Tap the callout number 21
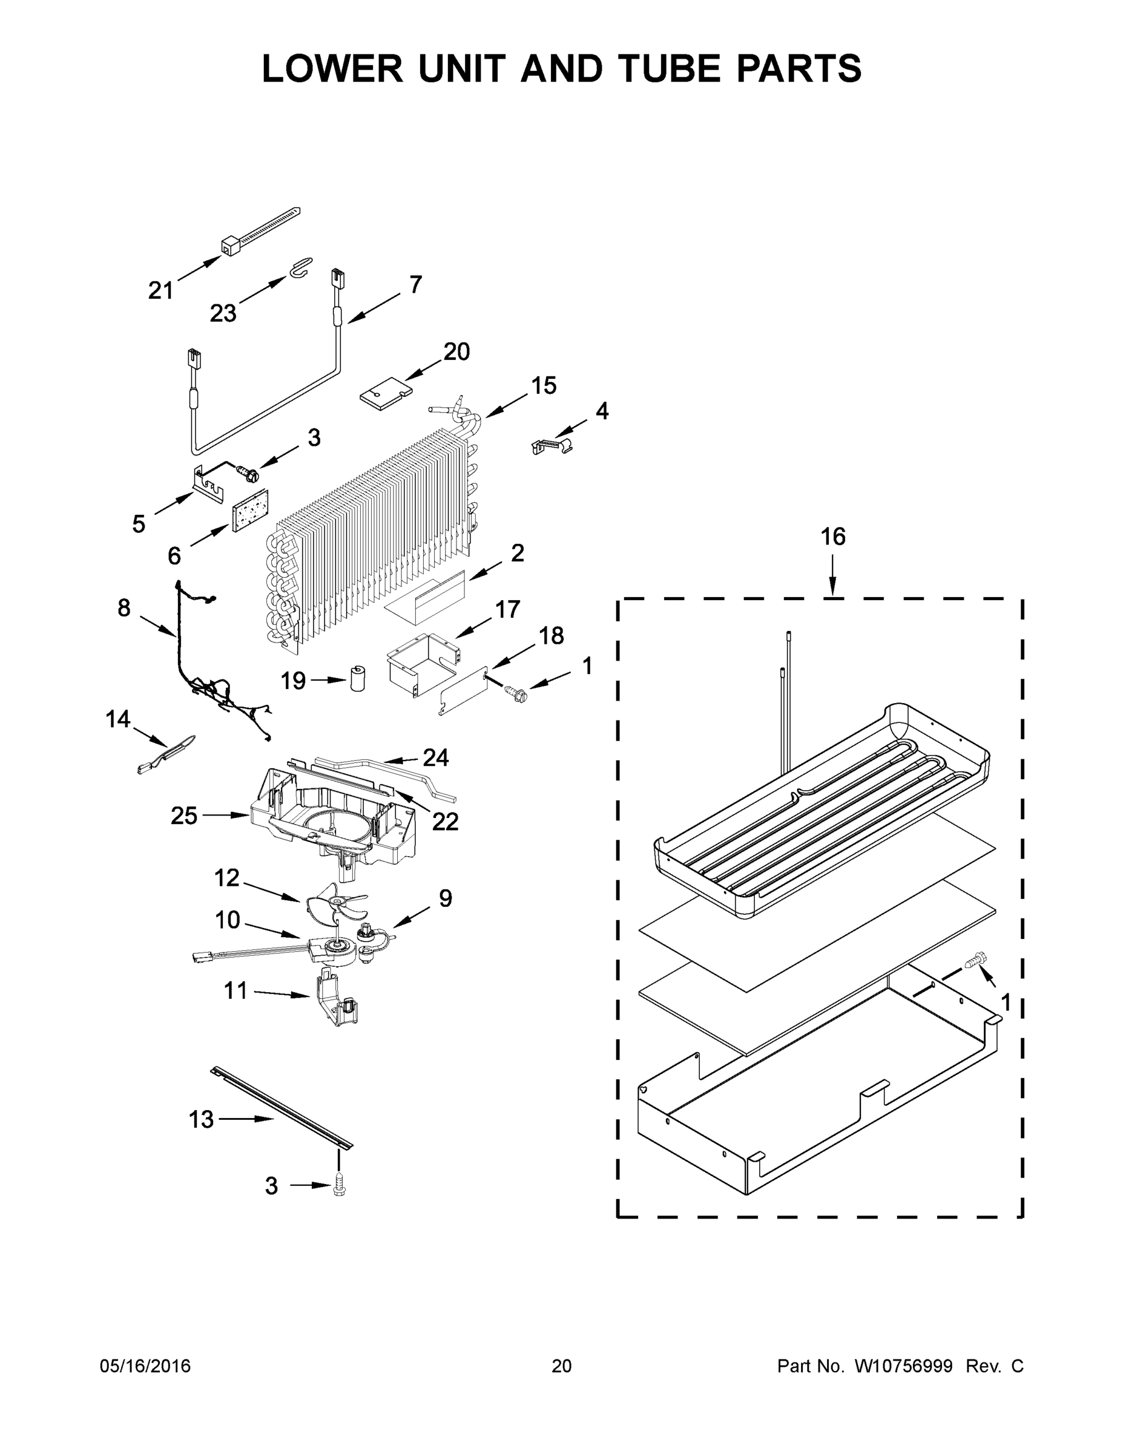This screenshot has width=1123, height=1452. click(x=160, y=290)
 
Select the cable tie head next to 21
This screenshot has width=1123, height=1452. click(x=229, y=247)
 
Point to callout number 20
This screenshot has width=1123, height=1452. click(x=456, y=352)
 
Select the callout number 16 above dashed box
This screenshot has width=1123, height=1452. click(x=833, y=537)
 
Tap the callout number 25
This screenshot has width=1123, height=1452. click(x=183, y=816)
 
